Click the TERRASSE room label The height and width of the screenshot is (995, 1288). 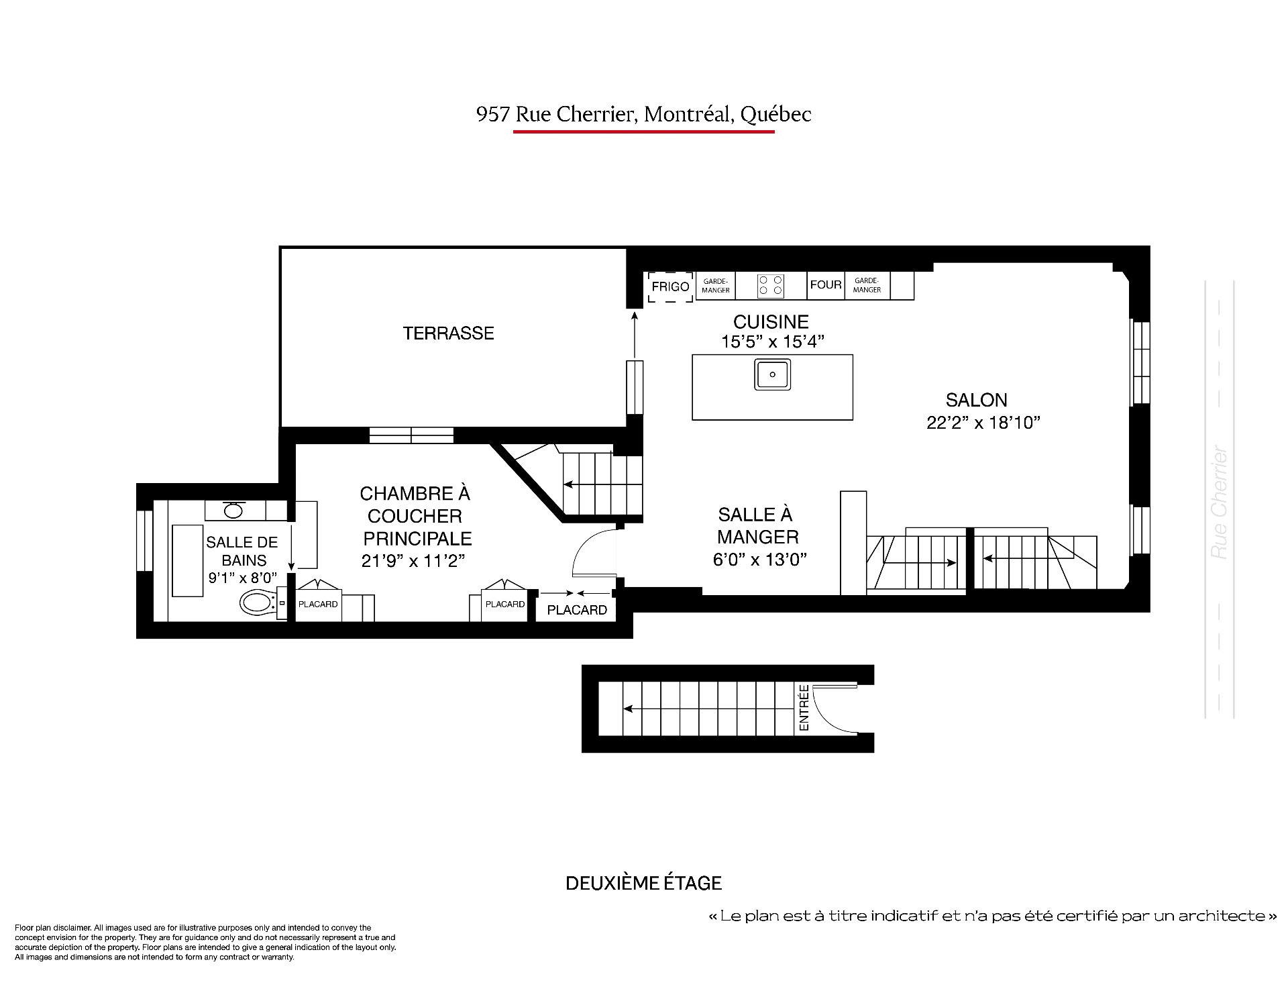click(448, 333)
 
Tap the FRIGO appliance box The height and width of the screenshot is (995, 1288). click(670, 286)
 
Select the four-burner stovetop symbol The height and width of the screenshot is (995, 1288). click(770, 286)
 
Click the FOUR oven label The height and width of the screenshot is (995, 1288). click(826, 284)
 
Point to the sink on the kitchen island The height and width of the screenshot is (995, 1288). click(772, 374)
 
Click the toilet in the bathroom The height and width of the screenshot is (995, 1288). click(259, 603)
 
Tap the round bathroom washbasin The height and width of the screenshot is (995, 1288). click(233, 511)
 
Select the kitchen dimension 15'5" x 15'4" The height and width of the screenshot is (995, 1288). click(772, 342)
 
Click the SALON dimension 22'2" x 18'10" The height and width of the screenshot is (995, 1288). click(983, 423)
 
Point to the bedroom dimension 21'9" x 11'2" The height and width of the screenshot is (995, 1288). click(413, 561)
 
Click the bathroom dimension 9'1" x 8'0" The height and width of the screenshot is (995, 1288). click(243, 578)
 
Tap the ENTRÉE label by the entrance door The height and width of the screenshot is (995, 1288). click(804, 708)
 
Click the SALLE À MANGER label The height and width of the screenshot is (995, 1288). click(757, 526)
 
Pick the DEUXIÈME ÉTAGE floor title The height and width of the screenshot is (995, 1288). click(644, 883)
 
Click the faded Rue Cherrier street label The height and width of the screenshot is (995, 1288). click(1220, 503)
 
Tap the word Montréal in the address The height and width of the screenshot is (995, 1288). click(687, 114)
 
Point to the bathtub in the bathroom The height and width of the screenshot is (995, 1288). click(188, 561)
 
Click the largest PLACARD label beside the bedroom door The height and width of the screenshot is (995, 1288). click(577, 610)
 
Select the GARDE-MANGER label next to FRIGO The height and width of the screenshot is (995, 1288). click(716, 286)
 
